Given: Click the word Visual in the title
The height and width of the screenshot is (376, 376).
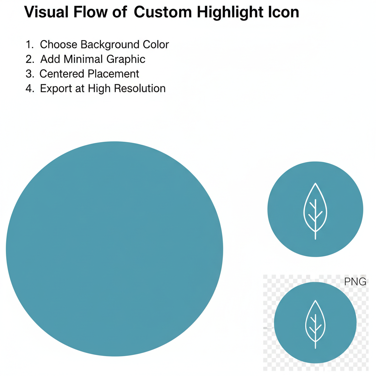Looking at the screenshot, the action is pos(46,12).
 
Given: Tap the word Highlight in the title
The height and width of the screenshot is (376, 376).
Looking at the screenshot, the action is pos(230,12).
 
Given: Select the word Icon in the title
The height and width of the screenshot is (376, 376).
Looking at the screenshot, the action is pos(283,12).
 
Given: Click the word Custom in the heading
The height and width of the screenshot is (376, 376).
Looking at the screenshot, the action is pos(163,12).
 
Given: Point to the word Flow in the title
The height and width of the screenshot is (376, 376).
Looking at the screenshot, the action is pos(90,12).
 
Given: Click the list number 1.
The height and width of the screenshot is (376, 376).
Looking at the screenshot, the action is pos(29,44).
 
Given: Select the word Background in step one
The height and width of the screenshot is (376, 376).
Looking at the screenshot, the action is pos(110,45).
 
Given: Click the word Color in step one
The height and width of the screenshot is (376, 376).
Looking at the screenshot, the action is pos(156,44).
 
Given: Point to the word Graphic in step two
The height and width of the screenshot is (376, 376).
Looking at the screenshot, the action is pos(126,59).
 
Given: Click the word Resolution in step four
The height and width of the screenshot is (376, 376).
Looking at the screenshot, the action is pos(140,88).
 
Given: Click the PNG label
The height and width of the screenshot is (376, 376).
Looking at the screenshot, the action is pos(355,282).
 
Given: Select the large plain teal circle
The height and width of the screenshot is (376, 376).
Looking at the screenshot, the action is pos(115,249).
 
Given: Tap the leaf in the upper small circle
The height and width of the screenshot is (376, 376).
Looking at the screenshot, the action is pos(315,211).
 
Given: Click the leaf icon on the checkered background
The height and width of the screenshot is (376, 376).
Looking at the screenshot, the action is pos(315,324).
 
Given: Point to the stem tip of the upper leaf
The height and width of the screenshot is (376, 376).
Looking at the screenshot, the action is pos(315,239).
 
